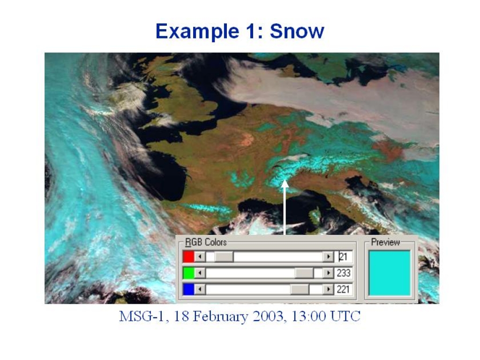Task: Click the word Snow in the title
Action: tap(297, 31)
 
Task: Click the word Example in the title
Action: tap(197, 32)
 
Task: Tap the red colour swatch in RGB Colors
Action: tap(188, 256)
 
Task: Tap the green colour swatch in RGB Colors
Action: tap(188, 273)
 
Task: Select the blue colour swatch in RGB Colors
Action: tap(188, 289)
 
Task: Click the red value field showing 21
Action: tap(344, 256)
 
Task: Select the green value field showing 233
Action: tap(344, 273)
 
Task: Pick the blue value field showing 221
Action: tap(344, 289)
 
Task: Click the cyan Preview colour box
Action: tap(390, 273)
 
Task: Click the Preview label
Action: tap(385, 242)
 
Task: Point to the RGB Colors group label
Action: tap(206, 242)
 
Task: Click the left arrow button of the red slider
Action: tap(200, 256)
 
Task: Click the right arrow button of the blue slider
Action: tap(329, 289)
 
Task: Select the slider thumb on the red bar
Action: tap(224, 256)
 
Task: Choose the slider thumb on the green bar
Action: tap(304, 273)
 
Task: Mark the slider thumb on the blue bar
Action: tap(300, 289)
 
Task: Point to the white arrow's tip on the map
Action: tap(285, 180)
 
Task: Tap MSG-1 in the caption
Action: tap(143, 316)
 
